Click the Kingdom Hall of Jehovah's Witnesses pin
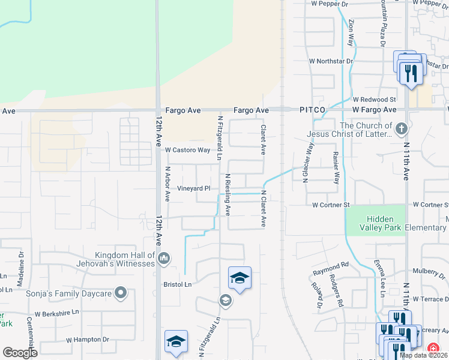click(x=164, y=258)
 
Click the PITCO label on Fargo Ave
click(x=312, y=110)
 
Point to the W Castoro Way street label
click(x=187, y=150)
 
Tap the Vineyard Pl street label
click(x=193, y=188)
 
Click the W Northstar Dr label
click(x=331, y=61)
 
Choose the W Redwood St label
click(x=374, y=99)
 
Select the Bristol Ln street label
click(x=178, y=284)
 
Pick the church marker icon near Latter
click(x=402, y=128)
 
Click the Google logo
click(x=20, y=353)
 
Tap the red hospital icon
click(x=432, y=348)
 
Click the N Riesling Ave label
click(x=227, y=194)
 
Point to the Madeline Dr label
click(x=21, y=262)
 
